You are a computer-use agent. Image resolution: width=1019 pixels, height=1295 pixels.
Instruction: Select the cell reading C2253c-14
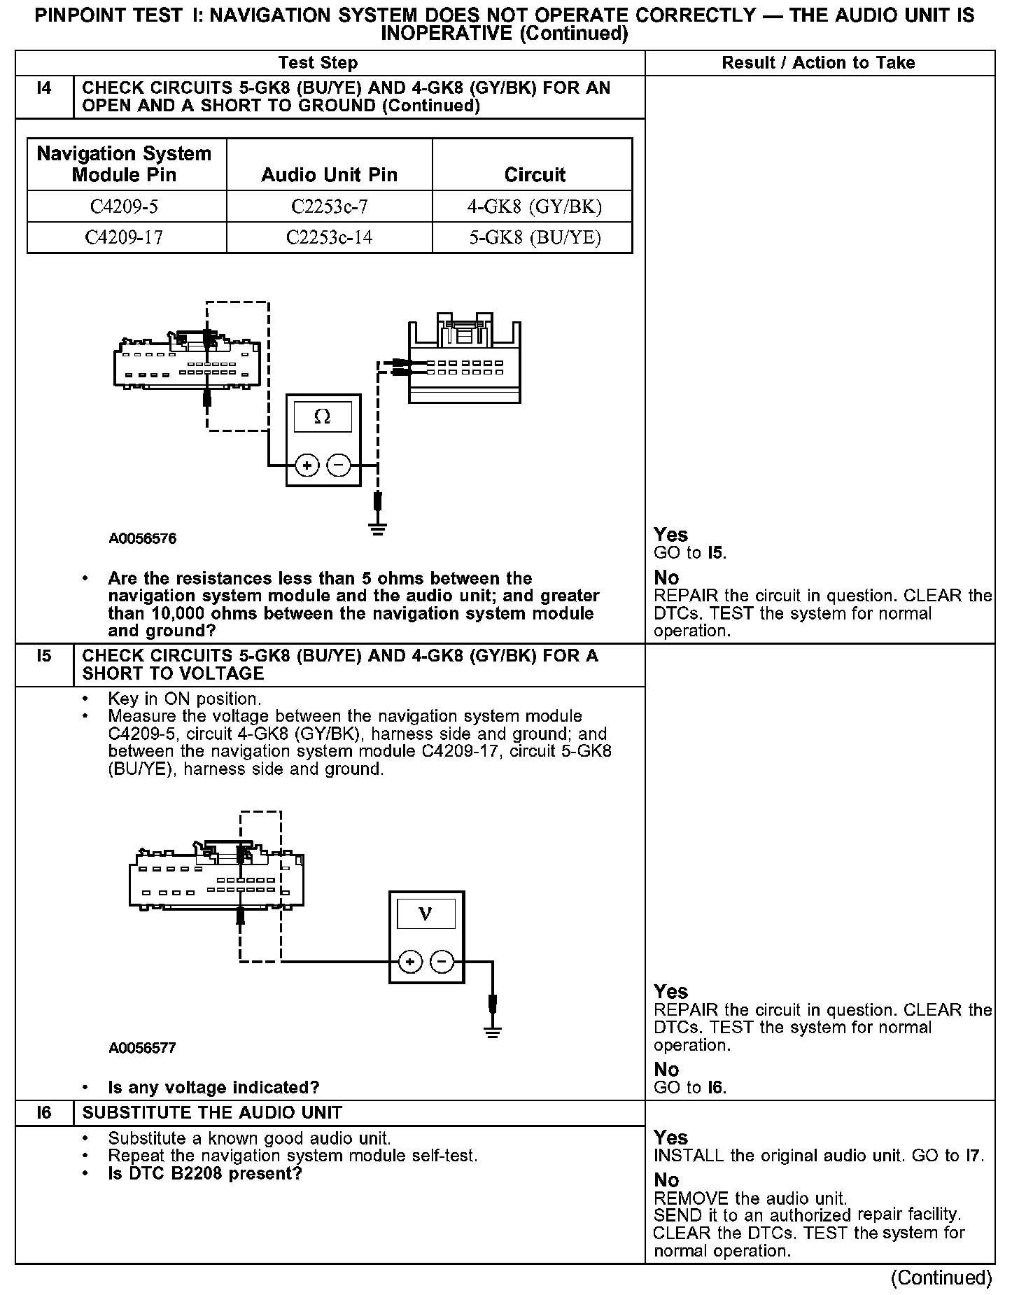pyautogui.click(x=329, y=238)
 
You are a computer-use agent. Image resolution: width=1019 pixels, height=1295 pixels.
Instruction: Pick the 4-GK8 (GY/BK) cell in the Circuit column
pyautogui.click(x=535, y=207)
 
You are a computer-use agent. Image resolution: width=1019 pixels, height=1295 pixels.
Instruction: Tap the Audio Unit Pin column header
pyautogui.click(x=329, y=175)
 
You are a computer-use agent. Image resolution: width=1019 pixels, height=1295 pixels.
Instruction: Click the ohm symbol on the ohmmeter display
pyautogui.click(x=323, y=417)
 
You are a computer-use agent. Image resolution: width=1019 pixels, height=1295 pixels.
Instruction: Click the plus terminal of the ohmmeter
pyautogui.click(x=307, y=465)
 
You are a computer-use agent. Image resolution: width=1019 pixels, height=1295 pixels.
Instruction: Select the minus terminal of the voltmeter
pyautogui.click(x=442, y=962)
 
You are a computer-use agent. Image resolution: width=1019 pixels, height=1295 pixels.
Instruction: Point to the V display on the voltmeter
pyautogui.click(x=426, y=914)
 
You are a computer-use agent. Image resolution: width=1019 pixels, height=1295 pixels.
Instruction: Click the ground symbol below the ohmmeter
pyautogui.click(x=378, y=528)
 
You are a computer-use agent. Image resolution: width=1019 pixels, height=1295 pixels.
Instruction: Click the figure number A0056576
pyautogui.click(x=143, y=539)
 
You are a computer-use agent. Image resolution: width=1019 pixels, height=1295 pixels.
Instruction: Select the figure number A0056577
pyautogui.click(x=143, y=1048)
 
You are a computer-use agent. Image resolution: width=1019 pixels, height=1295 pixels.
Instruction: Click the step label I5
pyautogui.click(x=44, y=657)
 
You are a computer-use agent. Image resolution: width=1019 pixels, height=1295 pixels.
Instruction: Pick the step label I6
pyautogui.click(x=44, y=1113)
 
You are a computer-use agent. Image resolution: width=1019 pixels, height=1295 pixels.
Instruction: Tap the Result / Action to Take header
pyautogui.click(x=818, y=63)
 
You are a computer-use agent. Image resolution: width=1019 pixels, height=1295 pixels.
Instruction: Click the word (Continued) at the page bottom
pyautogui.click(x=941, y=1278)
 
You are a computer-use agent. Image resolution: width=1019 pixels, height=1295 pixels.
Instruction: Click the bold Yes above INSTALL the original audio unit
pyautogui.click(x=670, y=1137)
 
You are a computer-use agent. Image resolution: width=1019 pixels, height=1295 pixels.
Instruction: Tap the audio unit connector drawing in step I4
pyautogui.click(x=464, y=363)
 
